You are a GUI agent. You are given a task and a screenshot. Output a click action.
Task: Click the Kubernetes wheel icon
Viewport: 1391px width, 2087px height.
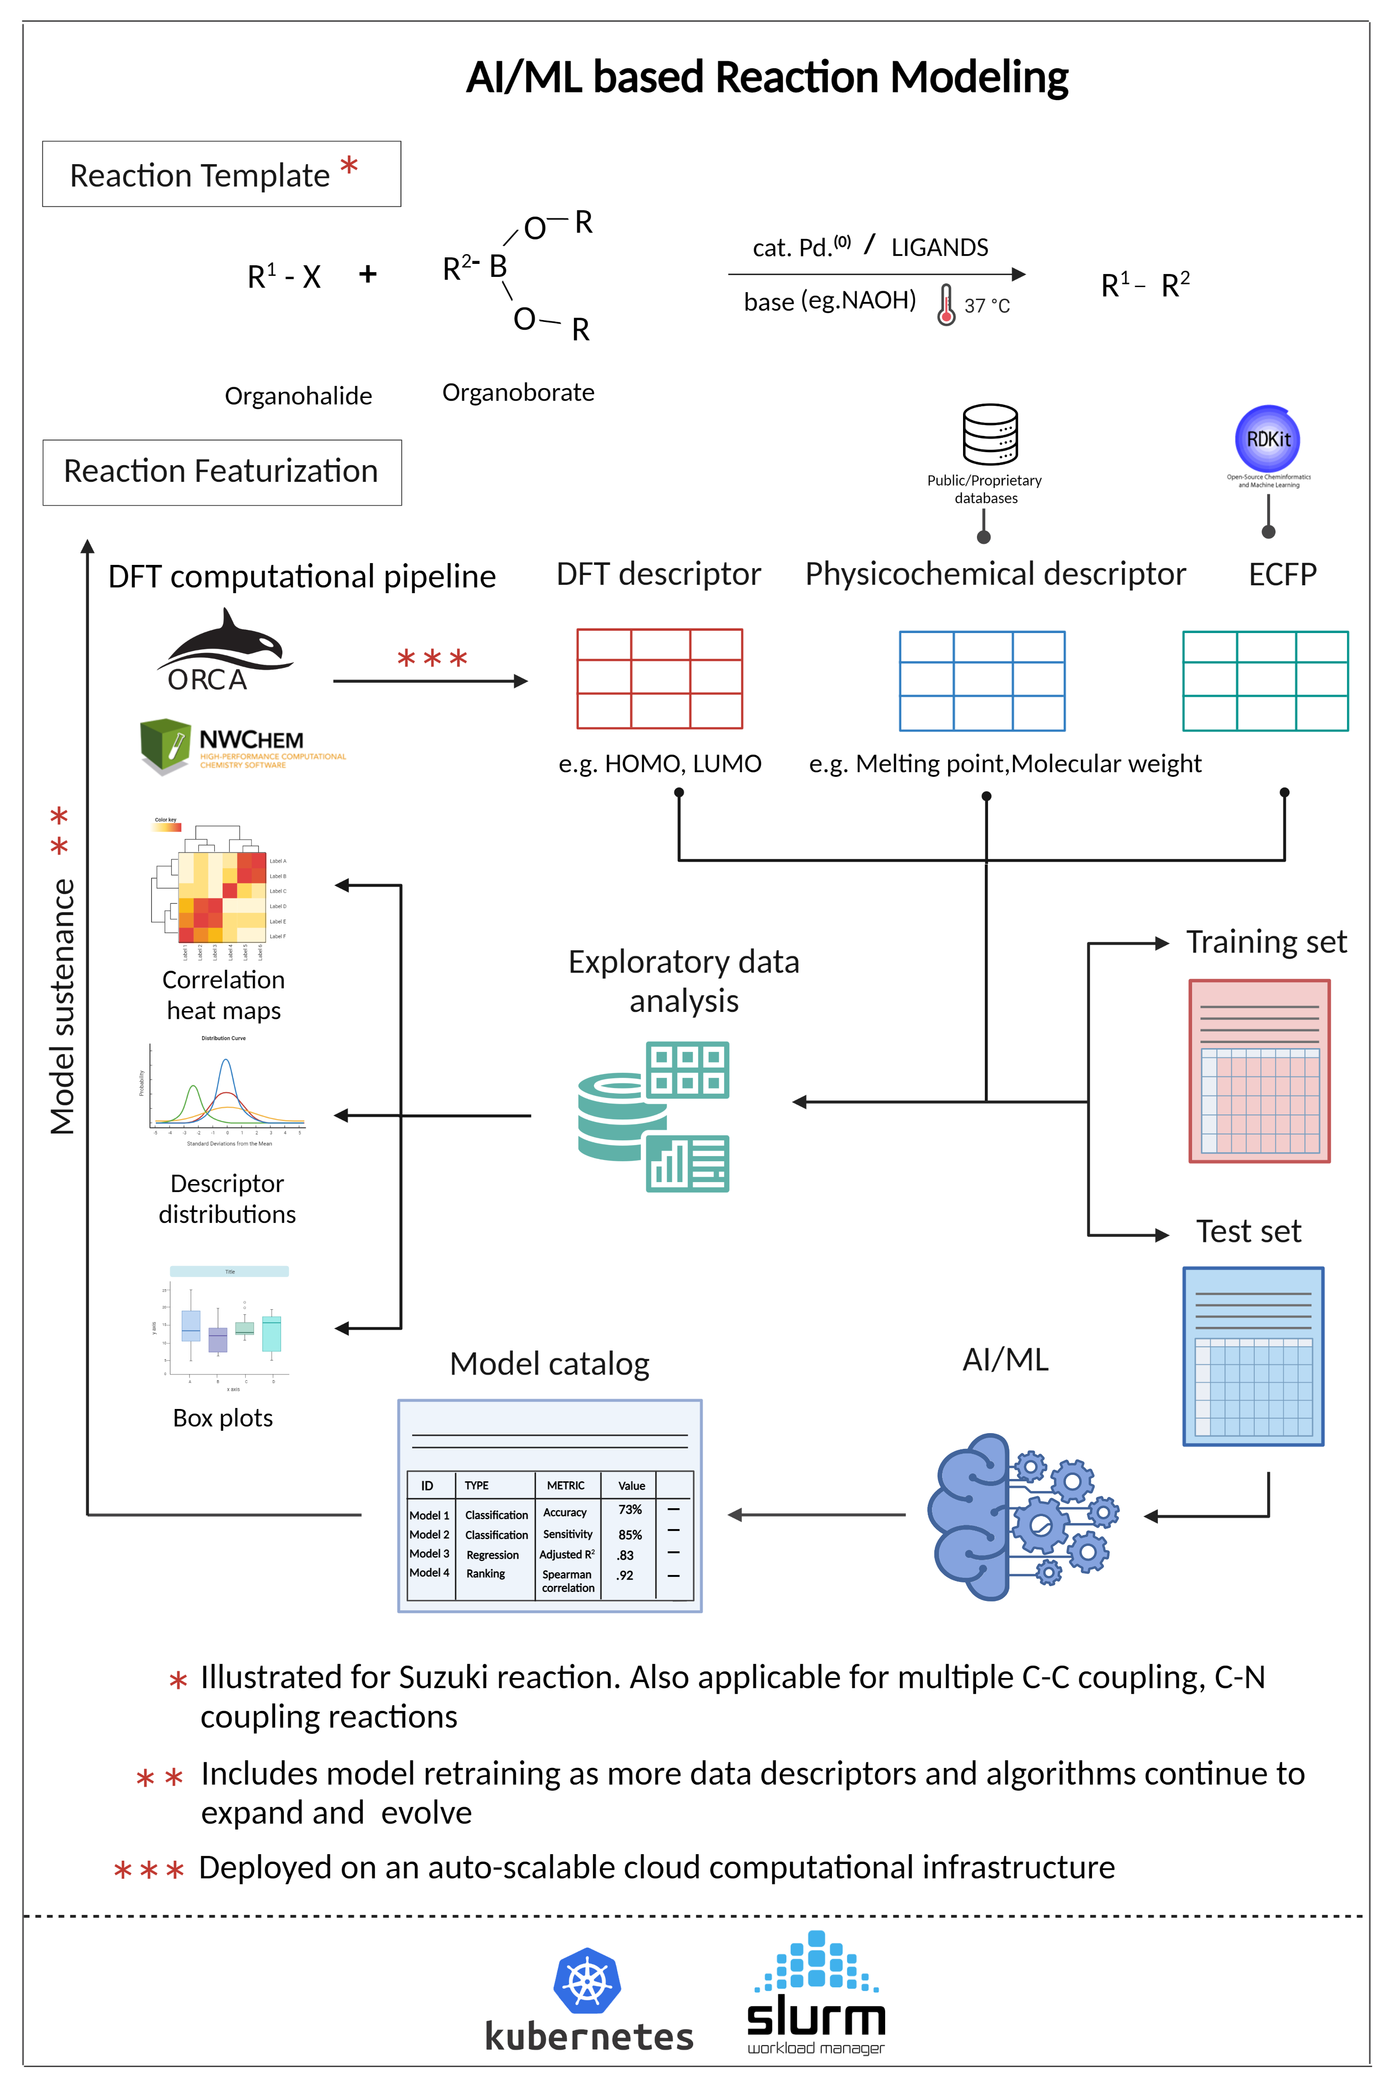587,1981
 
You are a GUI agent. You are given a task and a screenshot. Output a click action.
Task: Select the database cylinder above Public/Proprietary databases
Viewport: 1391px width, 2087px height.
990,435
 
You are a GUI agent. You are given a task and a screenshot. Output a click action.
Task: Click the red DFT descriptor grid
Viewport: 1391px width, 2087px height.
659,679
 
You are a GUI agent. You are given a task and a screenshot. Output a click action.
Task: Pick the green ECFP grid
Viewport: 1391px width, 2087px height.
1265,680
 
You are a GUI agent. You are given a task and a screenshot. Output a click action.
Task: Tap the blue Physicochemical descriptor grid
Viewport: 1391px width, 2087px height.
982,680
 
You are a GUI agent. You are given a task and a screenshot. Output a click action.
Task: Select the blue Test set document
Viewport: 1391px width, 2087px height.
1253,1356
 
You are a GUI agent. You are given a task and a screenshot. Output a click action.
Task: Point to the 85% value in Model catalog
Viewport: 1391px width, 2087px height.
630,1534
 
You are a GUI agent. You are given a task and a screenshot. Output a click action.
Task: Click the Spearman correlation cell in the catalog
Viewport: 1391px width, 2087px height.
568,1581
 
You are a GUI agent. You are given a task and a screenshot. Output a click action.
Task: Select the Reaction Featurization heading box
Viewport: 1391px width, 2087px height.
222,472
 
